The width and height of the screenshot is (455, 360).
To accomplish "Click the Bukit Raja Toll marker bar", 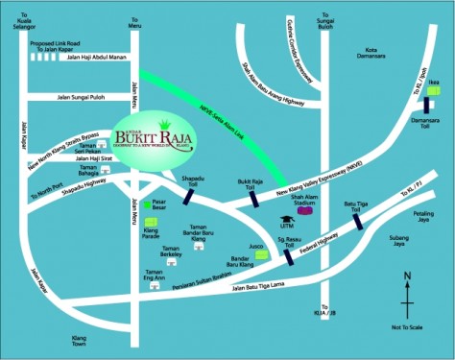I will (x=255, y=199).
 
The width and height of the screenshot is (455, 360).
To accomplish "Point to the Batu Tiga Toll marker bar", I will (x=358, y=222).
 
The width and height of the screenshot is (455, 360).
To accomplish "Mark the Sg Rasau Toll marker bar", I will (x=288, y=255).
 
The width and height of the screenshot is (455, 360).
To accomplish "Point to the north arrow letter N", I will (x=407, y=277).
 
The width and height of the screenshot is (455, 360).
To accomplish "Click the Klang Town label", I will (x=85, y=342).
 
